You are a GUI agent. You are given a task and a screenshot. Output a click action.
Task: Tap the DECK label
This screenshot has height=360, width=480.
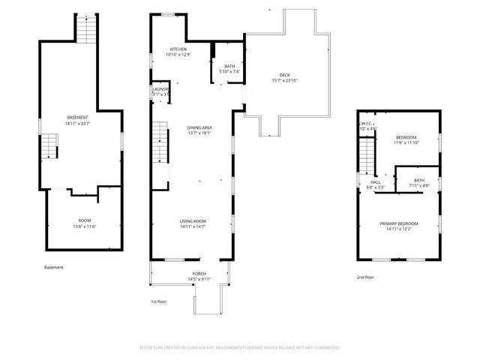284,75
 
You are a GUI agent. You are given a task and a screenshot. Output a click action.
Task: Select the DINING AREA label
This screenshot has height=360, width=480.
199,128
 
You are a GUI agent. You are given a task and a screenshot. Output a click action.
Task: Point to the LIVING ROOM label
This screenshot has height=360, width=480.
193,221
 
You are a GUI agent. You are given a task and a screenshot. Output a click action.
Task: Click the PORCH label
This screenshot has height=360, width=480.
199,274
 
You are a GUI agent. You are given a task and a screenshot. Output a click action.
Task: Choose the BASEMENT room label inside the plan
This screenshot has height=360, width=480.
78,117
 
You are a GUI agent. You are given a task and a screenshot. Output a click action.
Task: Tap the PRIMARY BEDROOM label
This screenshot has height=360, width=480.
398,224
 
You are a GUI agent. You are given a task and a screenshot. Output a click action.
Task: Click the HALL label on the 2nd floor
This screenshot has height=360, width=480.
374,181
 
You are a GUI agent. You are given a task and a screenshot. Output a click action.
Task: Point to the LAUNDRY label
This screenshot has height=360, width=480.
160,89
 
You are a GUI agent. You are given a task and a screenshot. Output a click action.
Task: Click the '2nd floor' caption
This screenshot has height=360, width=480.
365,277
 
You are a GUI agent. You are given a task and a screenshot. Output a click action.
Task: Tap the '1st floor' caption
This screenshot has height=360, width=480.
160,301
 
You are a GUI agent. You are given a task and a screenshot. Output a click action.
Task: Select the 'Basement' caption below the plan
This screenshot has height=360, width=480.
54,268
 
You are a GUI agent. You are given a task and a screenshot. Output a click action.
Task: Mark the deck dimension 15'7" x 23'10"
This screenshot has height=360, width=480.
284,80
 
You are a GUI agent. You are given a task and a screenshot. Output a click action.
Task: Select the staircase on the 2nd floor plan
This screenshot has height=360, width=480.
365,156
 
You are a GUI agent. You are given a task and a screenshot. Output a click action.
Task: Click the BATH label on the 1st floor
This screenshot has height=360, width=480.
229,67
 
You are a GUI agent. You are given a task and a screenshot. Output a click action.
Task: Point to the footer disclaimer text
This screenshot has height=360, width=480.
239,348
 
